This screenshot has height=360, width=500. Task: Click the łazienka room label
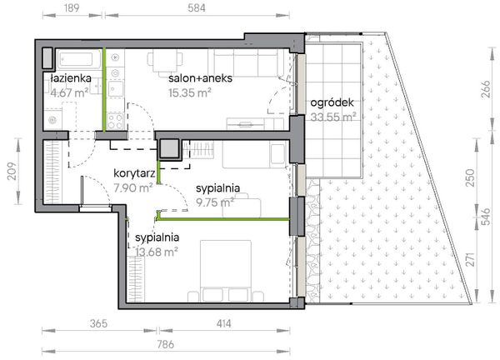point(71,78)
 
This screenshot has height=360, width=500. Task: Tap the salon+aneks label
point(200,78)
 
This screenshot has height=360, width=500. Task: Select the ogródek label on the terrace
point(332,103)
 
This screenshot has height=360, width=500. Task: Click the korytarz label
point(134,173)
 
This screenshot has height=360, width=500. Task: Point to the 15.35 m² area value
point(190,92)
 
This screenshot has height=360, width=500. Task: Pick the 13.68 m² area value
point(157,252)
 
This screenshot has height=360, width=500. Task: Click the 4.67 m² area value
point(69,92)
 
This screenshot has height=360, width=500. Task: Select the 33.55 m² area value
point(333,117)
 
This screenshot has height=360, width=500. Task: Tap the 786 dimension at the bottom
point(166,344)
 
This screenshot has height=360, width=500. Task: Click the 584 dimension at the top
point(197,8)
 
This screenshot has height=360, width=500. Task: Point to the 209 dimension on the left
point(12,171)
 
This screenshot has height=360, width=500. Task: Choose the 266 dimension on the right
point(485,89)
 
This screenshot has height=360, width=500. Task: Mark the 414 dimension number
point(224,323)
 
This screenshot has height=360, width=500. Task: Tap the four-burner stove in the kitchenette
point(115,121)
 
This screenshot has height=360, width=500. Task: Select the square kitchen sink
point(116,89)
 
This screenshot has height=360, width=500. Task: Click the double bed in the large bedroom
point(226,271)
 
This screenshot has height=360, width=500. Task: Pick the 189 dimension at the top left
point(72,8)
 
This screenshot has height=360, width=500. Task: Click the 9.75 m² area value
point(215,202)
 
